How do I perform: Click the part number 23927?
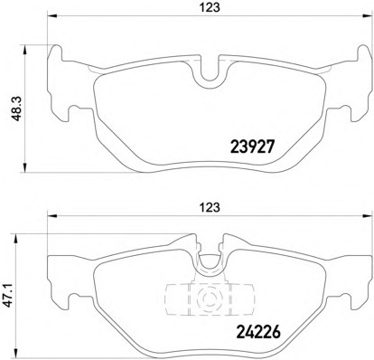[x=252, y=147]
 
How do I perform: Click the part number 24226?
[x=258, y=332]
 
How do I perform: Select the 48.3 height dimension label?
[x=16, y=109]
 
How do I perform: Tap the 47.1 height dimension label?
[x=8, y=294]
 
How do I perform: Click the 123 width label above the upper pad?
[x=210, y=7]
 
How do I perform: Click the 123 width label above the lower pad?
[x=210, y=207]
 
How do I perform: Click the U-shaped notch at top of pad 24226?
[x=210, y=262]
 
